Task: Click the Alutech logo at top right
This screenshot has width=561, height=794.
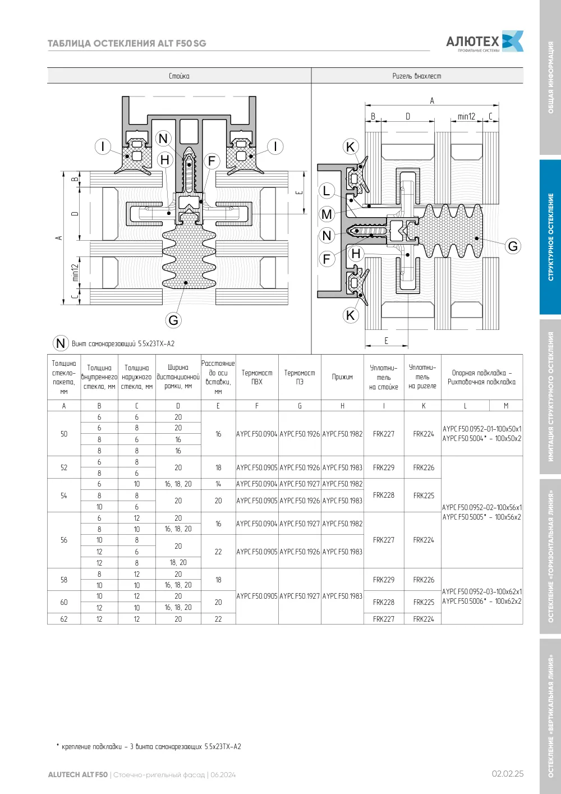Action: coord(485,42)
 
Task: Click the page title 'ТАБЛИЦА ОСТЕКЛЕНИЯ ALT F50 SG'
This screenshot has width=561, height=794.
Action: coord(127,43)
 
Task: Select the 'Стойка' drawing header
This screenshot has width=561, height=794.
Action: coord(179,76)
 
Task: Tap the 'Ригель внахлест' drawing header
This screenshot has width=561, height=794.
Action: coord(417,76)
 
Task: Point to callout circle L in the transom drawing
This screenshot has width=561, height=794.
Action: coord(327,191)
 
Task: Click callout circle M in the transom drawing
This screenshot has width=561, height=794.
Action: coord(327,214)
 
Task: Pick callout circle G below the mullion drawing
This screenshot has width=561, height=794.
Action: coord(173,320)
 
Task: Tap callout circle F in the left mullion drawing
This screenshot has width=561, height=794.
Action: coord(211,161)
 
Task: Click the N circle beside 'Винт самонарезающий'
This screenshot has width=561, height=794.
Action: coord(61,343)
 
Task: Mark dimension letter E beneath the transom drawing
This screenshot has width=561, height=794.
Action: coord(387,341)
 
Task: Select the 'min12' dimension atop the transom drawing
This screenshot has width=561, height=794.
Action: coord(466,116)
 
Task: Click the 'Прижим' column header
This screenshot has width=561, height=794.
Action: coord(342,377)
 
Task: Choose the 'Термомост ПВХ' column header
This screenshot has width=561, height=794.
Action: coord(257,377)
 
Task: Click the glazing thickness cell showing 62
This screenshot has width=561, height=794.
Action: coord(64,619)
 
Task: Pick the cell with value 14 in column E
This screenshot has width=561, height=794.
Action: coord(218,484)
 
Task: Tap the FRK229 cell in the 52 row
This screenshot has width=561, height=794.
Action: coord(384,467)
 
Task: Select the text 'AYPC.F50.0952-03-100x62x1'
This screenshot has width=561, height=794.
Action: coord(482,591)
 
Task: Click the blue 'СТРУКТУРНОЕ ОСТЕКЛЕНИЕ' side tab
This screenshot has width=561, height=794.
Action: coord(550,237)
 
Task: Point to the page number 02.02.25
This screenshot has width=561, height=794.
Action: coord(508,773)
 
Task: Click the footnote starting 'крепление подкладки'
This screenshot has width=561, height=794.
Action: coord(149,746)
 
